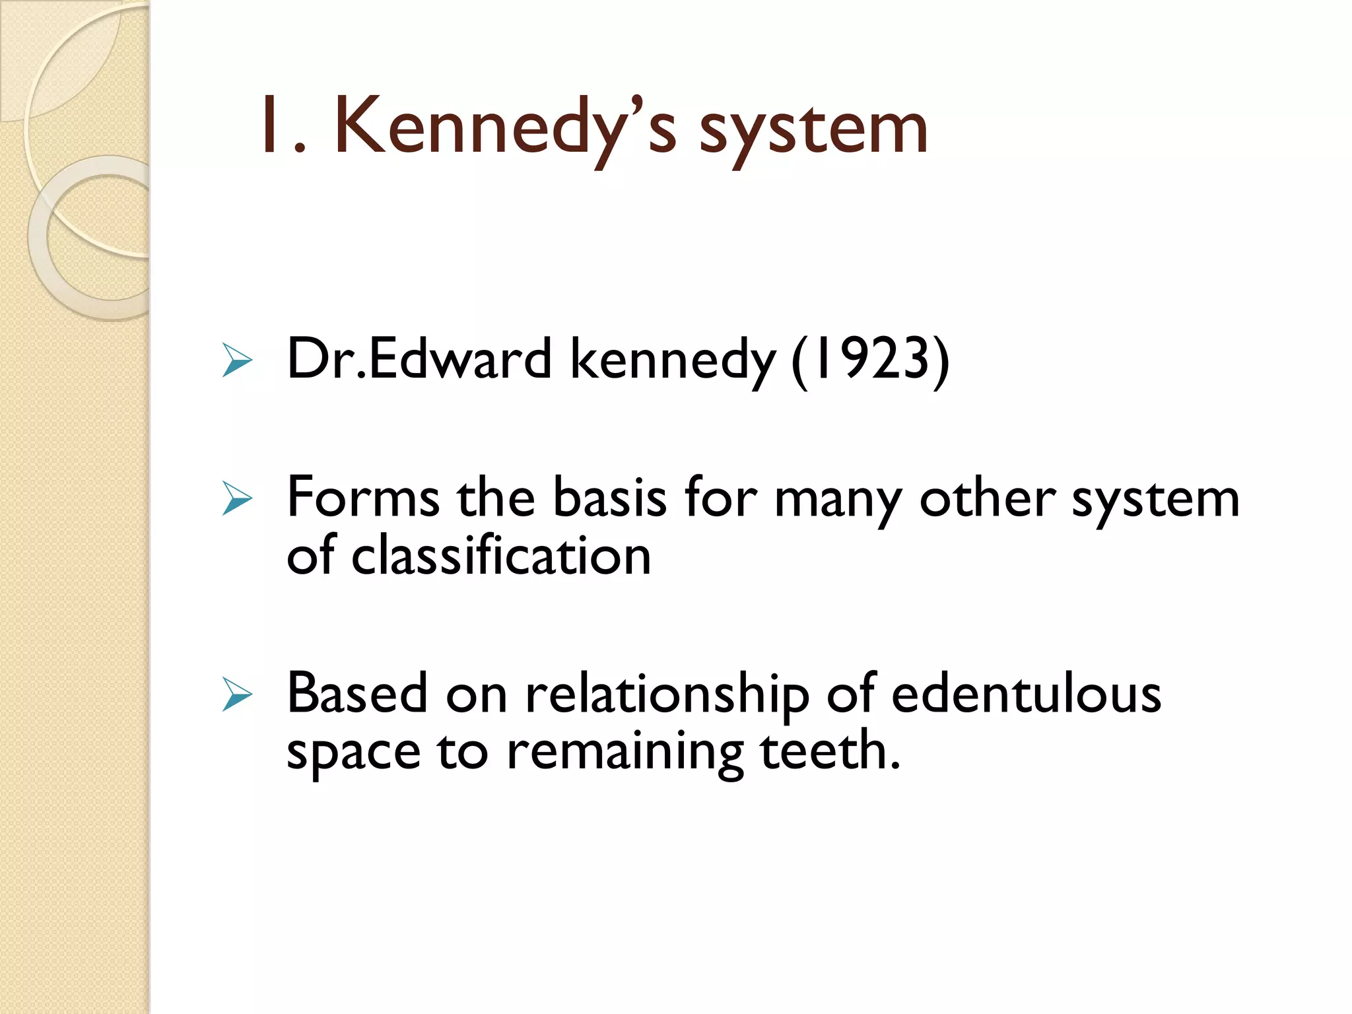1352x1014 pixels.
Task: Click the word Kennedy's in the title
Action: click(x=505, y=127)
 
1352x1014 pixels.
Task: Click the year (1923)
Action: click(x=870, y=359)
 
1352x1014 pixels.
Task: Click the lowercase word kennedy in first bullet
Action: click(x=673, y=360)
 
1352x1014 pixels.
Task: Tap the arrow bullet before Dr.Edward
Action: click(x=238, y=360)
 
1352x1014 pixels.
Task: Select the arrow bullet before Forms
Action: click(x=238, y=498)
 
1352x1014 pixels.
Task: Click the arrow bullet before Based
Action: click(x=238, y=694)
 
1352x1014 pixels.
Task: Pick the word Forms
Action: click(x=363, y=498)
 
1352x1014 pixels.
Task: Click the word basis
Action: click(x=609, y=498)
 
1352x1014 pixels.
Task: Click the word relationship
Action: click(x=667, y=696)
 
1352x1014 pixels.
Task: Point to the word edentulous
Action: click(x=1026, y=694)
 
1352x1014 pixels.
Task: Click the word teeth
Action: click(x=830, y=751)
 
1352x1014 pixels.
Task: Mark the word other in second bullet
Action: click(x=988, y=498)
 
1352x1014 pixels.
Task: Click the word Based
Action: click(x=357, y=693)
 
